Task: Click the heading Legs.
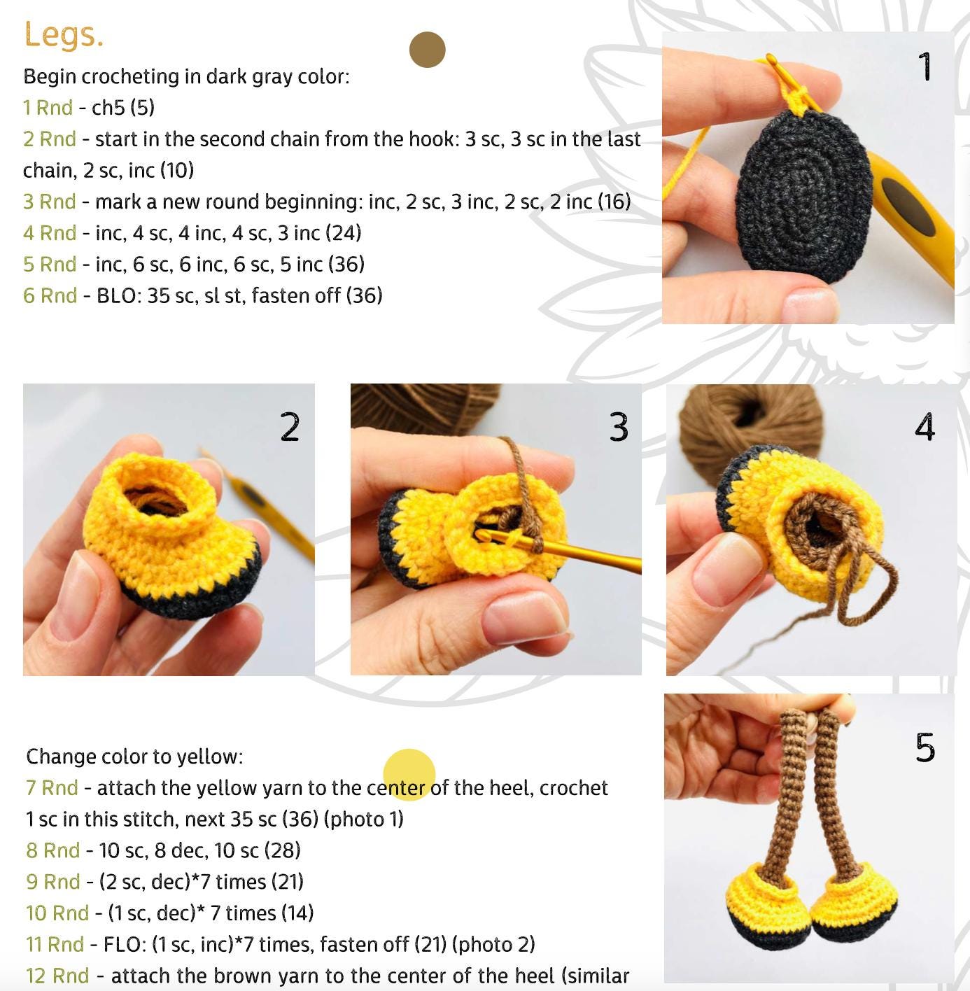64,35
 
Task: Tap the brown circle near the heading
428,50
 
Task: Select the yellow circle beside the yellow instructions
409,775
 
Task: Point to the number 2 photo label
290,426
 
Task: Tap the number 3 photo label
619,427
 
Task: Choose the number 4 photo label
925,426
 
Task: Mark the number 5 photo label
925,747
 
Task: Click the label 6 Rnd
50,296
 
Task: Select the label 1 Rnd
48,108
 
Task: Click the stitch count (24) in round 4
344,233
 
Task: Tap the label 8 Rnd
53,850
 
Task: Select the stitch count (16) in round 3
614,202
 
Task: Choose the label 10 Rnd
57,913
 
